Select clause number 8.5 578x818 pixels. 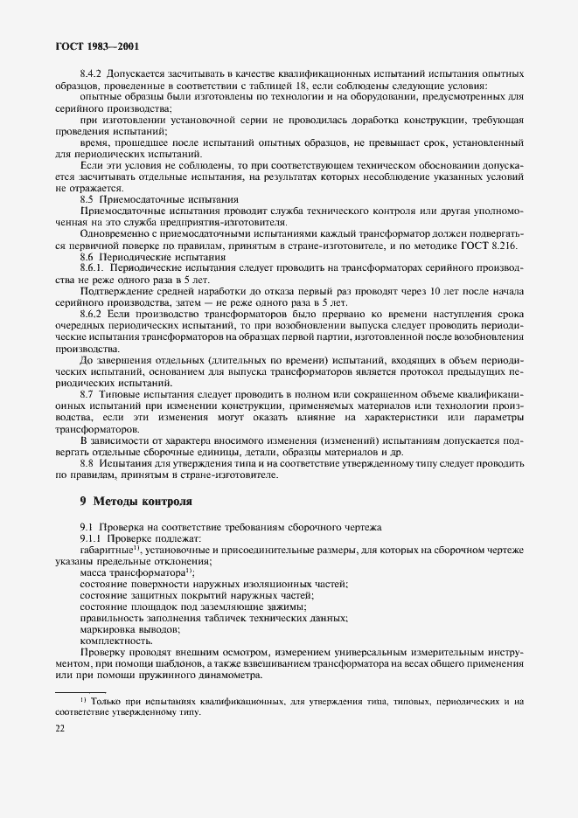[x=87, y=198]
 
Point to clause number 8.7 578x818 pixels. [x=87, y=395]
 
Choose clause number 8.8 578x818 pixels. [x=87, y=463]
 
